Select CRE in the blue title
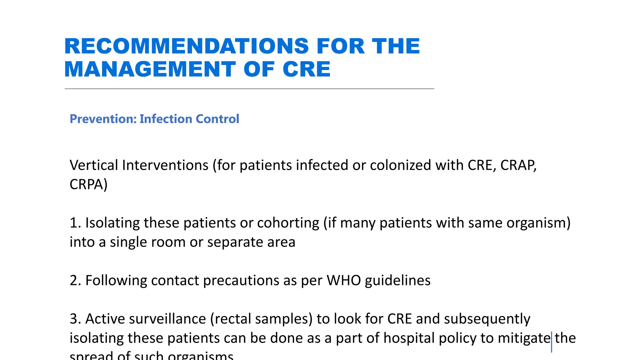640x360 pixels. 306,69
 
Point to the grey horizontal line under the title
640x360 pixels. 249,89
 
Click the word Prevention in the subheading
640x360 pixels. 103,119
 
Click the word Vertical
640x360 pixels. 94,165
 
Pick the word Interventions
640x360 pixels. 165,165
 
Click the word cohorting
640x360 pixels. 288,223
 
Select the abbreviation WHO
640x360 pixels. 344,280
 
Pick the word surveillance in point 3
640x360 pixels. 167,319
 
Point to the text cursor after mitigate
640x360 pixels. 552,342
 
